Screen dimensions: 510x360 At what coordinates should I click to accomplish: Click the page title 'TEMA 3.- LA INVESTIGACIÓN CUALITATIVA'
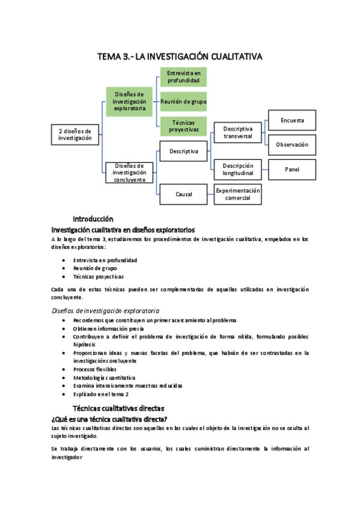180,57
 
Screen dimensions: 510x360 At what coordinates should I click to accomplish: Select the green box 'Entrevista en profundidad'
183,77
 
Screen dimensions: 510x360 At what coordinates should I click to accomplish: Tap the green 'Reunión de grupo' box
183,102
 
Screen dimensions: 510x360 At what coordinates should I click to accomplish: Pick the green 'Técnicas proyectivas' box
183,126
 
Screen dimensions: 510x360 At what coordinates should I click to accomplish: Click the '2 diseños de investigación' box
75,134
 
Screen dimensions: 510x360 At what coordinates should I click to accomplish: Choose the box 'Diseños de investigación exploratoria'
129,102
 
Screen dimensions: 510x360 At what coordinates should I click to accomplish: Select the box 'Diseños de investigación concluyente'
129,173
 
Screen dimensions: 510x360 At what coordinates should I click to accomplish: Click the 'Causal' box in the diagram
183,194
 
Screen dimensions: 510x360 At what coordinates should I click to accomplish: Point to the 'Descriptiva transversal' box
238,133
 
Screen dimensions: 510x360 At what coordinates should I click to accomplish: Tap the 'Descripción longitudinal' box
238,170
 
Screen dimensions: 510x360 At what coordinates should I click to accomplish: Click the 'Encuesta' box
292,120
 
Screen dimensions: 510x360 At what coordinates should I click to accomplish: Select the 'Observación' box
292,145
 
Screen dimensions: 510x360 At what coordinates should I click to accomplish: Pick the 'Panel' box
292,170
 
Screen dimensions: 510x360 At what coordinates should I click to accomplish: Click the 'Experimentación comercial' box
238,194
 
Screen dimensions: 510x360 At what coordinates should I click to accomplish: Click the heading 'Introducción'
93,218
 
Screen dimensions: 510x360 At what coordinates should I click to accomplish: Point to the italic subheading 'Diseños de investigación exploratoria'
105,310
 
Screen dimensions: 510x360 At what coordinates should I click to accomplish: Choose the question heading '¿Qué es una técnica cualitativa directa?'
109,419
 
